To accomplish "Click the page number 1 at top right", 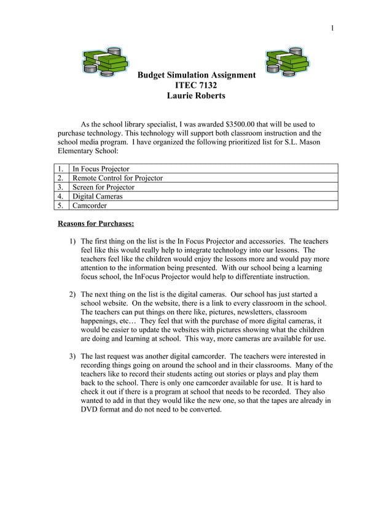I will tap(332, 27).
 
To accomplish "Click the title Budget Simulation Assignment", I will tap(196, 75).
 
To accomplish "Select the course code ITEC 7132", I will tap(196, 85).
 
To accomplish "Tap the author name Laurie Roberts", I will tap(196, 96).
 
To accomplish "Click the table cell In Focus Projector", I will tap(101, 169).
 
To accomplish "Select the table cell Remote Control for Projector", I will tap(117, 178).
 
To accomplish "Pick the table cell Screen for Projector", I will tap(103, 187).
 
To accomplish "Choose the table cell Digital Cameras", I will tap(97, 196).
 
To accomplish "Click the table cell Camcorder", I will tap(90, 205).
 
